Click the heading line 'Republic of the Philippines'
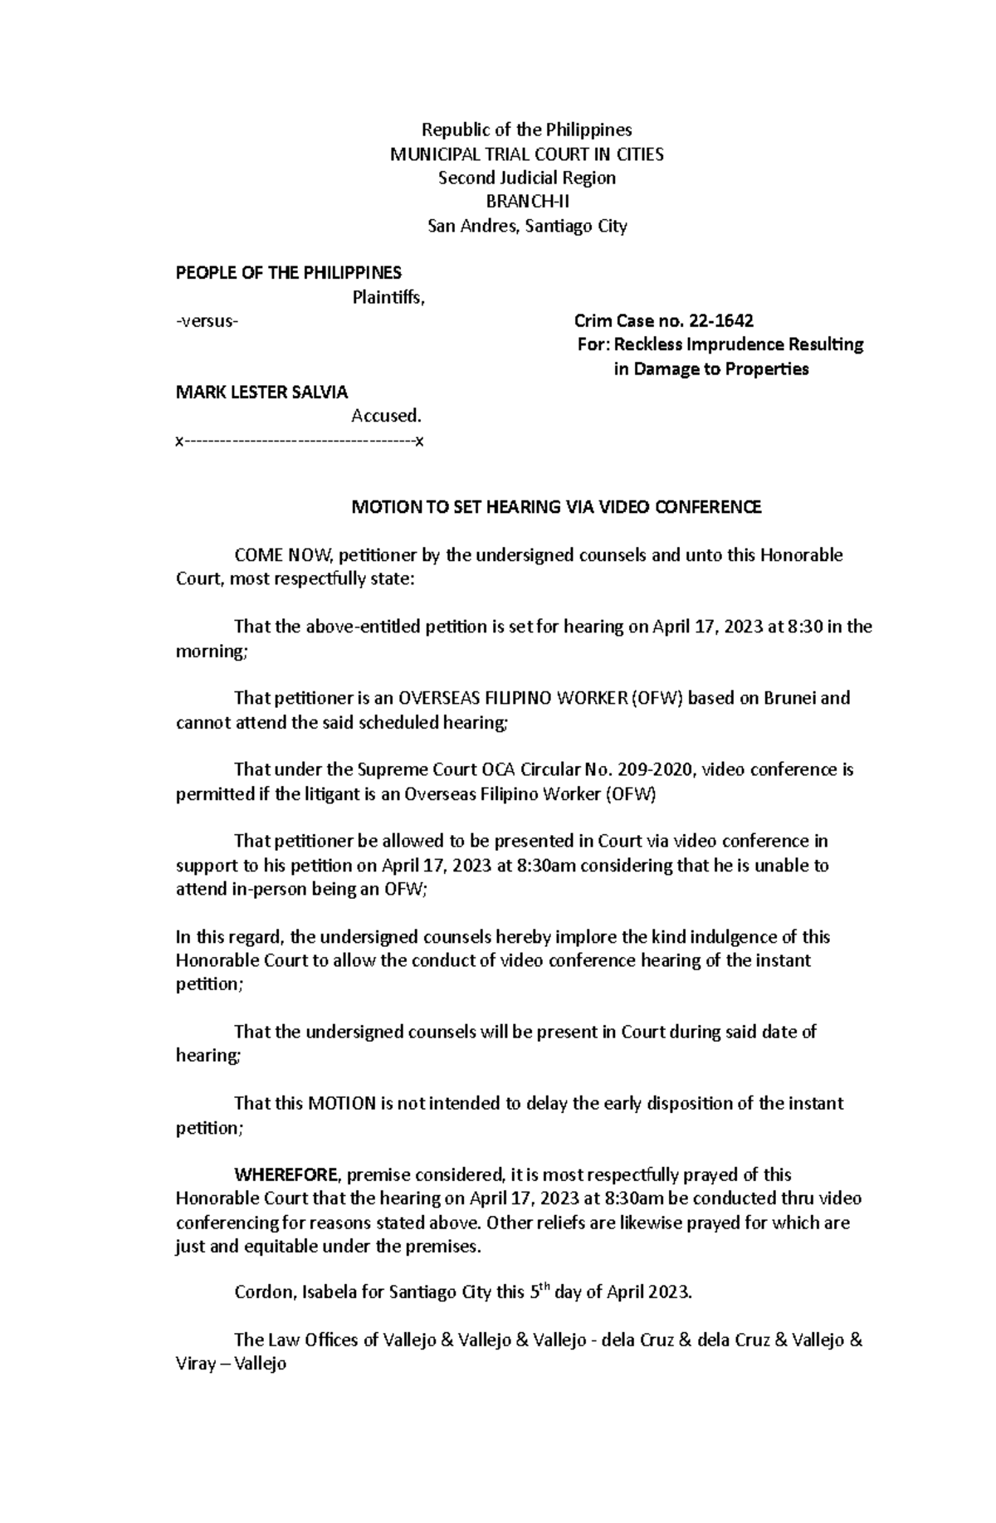(527, 129)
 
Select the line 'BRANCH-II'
(527, 202)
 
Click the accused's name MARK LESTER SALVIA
(261, 392)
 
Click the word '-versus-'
(207, 321)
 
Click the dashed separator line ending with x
(300, 442)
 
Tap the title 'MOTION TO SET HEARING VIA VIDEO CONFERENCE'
(555, 507)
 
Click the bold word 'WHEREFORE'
(286, 1174)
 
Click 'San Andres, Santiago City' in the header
(527, 226)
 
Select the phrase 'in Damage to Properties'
(710, 369)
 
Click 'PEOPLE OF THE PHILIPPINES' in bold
(288, 273)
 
